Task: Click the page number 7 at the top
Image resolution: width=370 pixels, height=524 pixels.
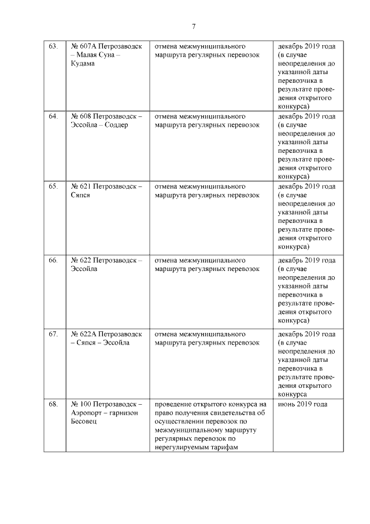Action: pyautogui.click(x=194, y=26)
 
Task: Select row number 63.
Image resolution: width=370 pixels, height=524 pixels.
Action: pyautogui.click(x=53, y=46)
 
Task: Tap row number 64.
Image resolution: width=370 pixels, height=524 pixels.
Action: pyautogui.click(x=53, y=116)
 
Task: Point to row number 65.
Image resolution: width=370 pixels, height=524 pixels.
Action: pyautogui.click(x=53, y=187)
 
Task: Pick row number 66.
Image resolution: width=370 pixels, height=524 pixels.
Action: pyautogui.click(x=53, y=261)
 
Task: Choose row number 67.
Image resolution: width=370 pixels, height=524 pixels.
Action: pyautogui.click(x=53, y=334)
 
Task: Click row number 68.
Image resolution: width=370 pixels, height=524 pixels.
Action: pyautogui.click(x=53, y=404)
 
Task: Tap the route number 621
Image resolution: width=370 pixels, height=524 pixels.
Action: pyautogui.click(x=86, y=187)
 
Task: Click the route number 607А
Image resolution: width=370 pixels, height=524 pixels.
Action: pyautogui.click(x=88, y=46)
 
